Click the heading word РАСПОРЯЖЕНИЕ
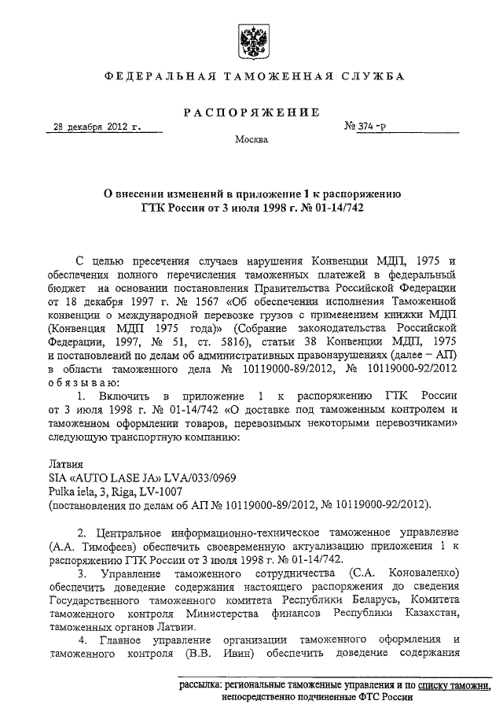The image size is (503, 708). click(251, 112)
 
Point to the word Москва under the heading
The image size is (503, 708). click(251, 140)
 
